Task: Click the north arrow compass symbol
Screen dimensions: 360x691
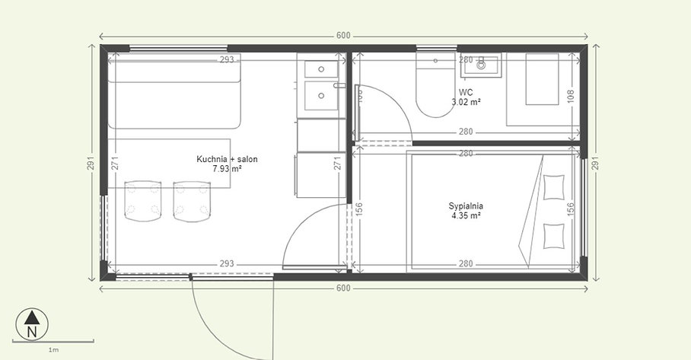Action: tap(31, 324)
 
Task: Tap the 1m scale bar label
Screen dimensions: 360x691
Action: tap(53, 350)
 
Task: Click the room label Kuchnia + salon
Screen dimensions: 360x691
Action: tap(228, 159)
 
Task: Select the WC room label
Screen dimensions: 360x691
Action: tap(466, 92)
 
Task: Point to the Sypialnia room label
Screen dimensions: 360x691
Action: tap(467, 205)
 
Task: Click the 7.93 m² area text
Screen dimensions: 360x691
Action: tap(228, 169)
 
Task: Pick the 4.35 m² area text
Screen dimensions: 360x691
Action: tap(467, 215)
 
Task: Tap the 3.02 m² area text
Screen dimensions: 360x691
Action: tap(466, 102)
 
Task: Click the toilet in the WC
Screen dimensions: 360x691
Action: tap(435, 90)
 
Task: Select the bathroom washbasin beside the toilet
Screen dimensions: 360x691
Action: tap(481, 66)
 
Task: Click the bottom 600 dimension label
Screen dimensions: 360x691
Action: tap(344, 288)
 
